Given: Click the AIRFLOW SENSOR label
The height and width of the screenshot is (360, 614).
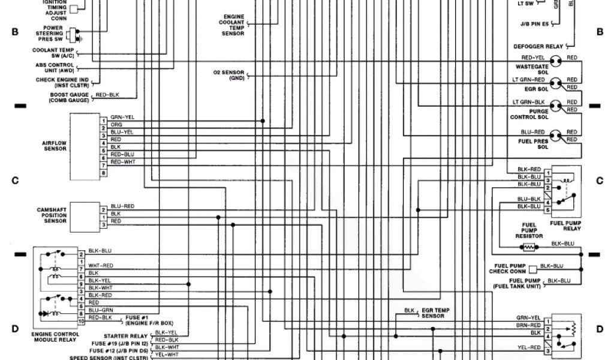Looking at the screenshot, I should (55, 145).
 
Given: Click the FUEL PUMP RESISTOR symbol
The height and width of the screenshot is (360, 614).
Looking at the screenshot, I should (528, 247).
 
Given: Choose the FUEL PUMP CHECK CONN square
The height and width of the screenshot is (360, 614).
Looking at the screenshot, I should (532, 269).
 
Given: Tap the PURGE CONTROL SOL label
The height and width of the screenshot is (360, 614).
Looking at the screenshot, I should (529, 114).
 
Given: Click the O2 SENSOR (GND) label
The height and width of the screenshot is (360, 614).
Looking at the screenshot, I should (228, 74).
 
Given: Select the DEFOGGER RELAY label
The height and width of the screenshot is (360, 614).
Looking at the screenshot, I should (538, 46).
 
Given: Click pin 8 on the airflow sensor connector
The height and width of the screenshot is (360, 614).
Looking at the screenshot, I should (104, 173).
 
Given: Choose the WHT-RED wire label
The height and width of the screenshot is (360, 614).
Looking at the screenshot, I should (100, 265).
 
